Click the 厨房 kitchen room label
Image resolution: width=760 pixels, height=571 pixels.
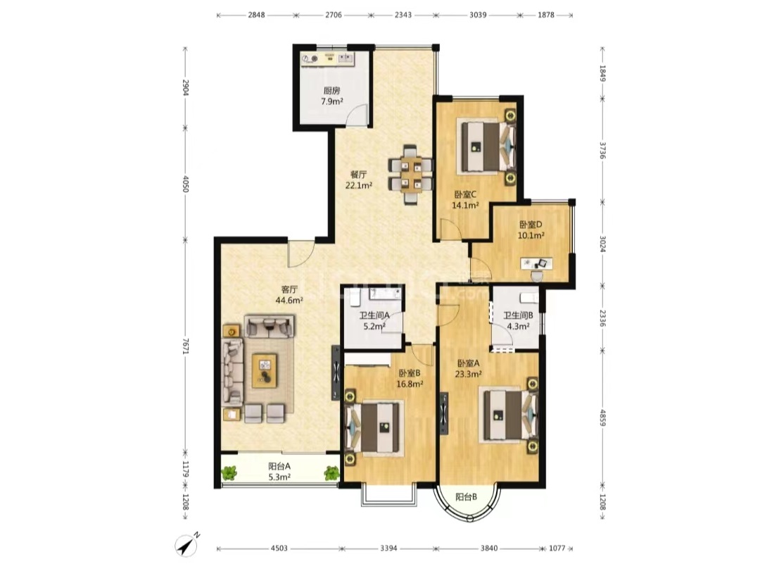[332, 96]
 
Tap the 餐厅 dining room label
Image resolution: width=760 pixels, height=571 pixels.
[359, 180]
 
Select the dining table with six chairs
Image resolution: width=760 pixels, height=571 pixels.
[410, 175]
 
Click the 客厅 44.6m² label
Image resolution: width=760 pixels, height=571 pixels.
[289, 295]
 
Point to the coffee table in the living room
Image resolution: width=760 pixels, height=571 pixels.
[264, 370]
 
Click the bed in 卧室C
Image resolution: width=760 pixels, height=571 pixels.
[485, 146]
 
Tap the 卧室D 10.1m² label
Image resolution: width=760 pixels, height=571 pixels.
[531, 230]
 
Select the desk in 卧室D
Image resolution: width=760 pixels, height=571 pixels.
[536, 263]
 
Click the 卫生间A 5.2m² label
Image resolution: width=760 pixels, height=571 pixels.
[374, 321]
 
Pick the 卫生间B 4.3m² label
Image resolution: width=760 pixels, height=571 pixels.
[518, 321]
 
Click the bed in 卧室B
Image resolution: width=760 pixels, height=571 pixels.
[375, 428]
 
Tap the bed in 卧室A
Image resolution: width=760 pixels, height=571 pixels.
[508, 414]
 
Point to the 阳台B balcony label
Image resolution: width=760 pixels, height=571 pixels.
[467, 497]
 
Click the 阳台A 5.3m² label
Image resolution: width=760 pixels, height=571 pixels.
[279, 471]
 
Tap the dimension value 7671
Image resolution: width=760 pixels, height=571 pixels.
[184, 346]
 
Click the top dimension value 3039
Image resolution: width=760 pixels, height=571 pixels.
[478, 15]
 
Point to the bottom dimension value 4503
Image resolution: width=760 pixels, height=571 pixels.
[279, 548]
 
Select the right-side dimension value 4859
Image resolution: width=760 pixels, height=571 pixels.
[602, 418]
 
